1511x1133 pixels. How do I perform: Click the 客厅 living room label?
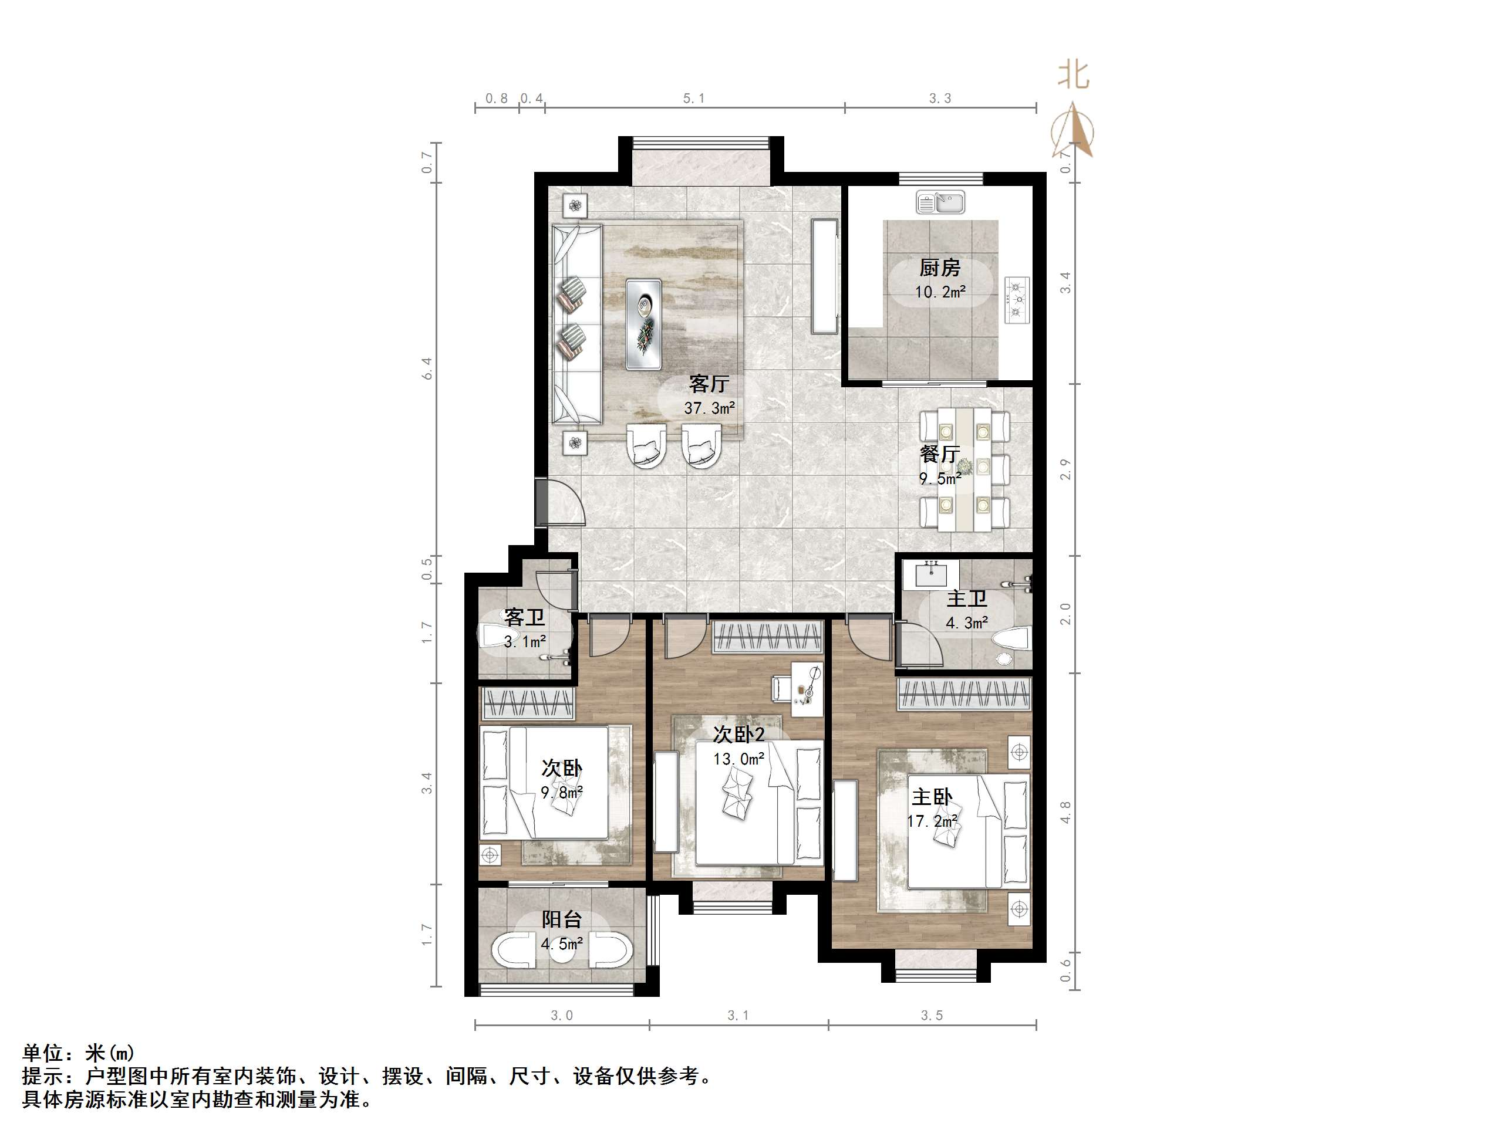pyautogui.click(x=709, y=384)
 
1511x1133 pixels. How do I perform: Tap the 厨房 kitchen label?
pyautogui.click(x=939, y=268)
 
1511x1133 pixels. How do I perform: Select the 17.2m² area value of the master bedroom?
pyautogui.click(x=932, y=821)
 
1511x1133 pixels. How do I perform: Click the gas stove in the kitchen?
pyautogui.click(x=1017, y=299)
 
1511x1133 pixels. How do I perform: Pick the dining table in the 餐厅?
pyautogui.click(x=964, y=468)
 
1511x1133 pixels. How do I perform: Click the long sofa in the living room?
pyautogui.click(x=576, y=324)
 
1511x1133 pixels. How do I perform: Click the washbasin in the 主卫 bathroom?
pyautogui.click(x=930, y=575)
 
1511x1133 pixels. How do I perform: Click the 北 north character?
pyautogui.click(x=1073, y=75)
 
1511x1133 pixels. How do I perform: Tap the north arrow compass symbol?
pyautogui.click(x=1074, y=130)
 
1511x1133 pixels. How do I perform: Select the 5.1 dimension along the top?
pyautogui.click(x=694, y=99)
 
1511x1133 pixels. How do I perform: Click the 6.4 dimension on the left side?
pyautogui.click(x=427, y=369)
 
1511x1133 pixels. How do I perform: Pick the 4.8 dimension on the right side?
pyautogui.click(x=1065, y=812)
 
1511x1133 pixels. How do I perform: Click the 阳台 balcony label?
pyautogui.click(x=562, y=919)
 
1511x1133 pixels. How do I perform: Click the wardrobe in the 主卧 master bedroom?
pyautogui.click(x=964, y=695)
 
